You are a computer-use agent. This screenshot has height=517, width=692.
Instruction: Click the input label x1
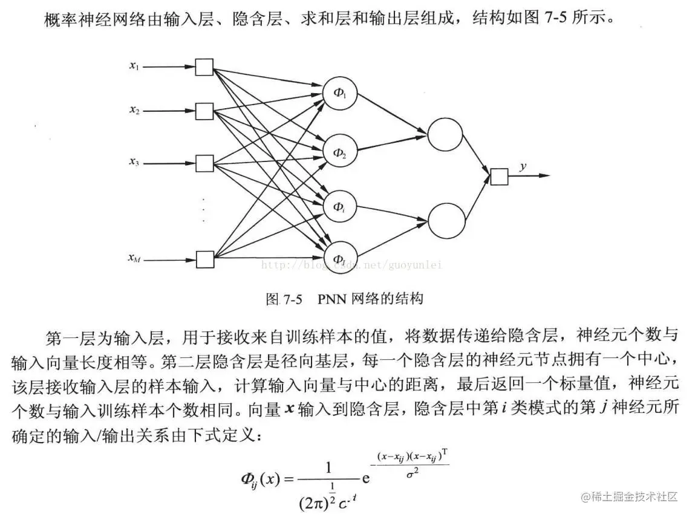134,66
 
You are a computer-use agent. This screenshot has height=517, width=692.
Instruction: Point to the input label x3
134,161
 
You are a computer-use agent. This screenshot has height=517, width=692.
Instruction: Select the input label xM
134,258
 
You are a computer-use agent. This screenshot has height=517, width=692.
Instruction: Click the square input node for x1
204,67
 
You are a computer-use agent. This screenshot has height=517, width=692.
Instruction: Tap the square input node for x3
204,163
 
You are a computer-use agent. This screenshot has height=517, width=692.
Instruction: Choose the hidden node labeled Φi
340,207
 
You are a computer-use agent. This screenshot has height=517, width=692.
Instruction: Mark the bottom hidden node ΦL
340,258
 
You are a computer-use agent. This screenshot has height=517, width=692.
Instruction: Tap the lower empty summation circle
446,221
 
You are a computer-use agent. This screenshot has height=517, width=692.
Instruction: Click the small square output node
499,176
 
